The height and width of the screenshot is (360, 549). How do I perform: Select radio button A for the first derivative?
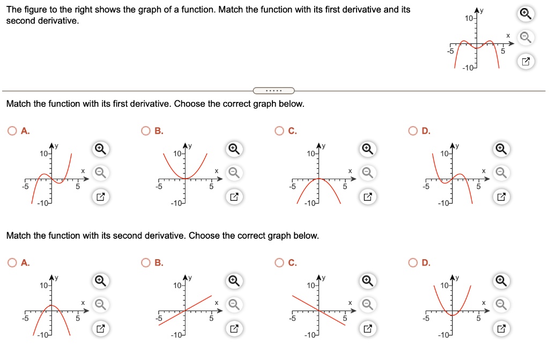(11, 130)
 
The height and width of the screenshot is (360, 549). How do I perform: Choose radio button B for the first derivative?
(145, 130)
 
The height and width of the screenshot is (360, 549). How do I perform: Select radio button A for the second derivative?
(11, 262)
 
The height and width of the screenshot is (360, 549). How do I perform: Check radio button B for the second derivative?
(145, 262)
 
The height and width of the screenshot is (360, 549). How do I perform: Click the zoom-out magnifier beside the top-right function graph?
(526, 37)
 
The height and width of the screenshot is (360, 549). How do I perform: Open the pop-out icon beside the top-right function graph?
(526, 62)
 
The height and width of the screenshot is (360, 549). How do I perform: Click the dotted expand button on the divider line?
(273, 90)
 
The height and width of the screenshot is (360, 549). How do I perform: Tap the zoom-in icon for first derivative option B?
(233, 148)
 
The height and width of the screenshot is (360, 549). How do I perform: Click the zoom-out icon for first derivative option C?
(367, 172)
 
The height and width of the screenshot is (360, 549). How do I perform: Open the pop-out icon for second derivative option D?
(500, 328)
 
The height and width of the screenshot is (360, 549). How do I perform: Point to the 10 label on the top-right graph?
(469, 19)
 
